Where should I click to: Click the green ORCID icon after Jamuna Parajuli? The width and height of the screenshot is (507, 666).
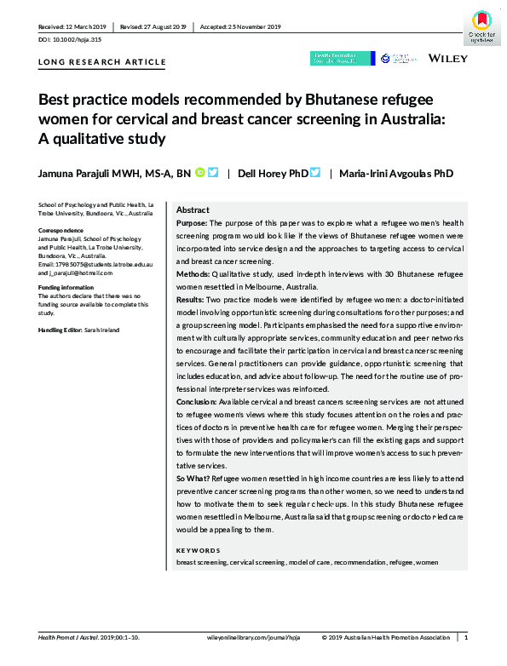click(199, 173)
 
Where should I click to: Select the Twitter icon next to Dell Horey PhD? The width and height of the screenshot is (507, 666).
click(315, 173)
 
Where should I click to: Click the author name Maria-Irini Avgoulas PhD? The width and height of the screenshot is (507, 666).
click(397, 174)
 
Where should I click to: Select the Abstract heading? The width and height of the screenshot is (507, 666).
click(193, 210)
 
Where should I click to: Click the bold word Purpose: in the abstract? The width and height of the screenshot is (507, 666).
click(193, 221)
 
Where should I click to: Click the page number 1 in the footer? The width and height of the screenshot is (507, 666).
click(465, 636)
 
